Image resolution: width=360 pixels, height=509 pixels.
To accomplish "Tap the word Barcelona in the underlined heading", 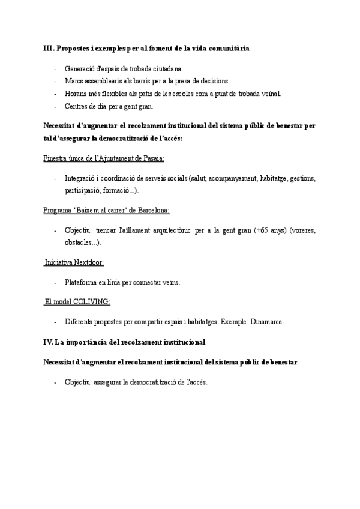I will click(153, 211).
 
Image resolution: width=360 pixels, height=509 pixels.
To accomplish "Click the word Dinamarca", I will click(265, 322).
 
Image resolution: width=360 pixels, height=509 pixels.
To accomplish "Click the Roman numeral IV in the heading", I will click(48, 342).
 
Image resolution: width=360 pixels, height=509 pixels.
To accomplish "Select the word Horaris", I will click(76, 94).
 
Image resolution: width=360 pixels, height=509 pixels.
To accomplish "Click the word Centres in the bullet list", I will click(76, 106).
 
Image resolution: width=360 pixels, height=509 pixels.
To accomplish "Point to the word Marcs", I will click(74, 81).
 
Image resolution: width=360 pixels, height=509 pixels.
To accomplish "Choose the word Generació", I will click(80, 68).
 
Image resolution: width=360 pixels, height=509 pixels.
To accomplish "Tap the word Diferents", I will click(80, 322).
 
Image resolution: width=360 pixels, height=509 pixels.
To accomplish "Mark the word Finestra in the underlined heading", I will click(56, 158).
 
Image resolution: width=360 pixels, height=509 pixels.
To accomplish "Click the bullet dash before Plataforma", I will click(56, 282).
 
